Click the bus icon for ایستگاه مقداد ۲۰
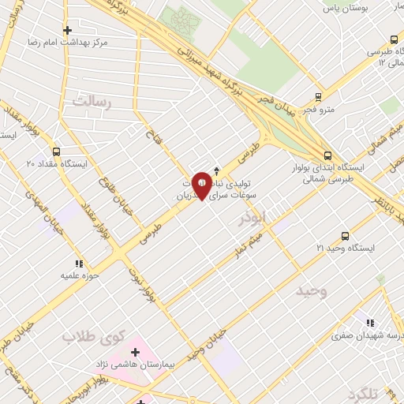click(56, 151)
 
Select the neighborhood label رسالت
click(93, 102)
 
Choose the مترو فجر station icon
click(318, 97)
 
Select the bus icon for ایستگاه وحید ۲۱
click(345, 236)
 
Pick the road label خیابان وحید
click(211, 342)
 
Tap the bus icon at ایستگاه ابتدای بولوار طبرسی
click(327, 155)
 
